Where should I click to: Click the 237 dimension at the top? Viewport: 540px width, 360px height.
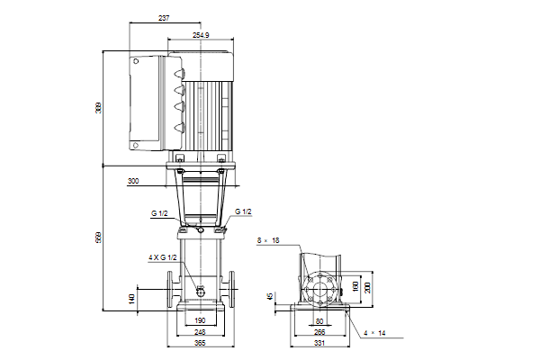click(x=164, y=18)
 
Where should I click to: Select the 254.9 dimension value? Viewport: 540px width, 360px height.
click(x=201, y=35)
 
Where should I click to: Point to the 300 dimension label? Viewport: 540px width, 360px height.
click(x=133, y=181)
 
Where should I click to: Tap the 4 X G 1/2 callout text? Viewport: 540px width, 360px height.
click(x=163, y=257)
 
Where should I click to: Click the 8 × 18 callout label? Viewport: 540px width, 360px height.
click(x=268, y=240)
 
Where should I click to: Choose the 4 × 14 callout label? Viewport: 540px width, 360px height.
click(x=374, y=333)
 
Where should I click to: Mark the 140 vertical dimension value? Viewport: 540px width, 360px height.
click(x=131, y=299)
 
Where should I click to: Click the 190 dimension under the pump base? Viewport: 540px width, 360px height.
click(x=200, y=320)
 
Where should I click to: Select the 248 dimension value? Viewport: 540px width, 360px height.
click(x=200, y=332)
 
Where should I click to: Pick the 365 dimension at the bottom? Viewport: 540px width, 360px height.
click(x=200, y=343)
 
